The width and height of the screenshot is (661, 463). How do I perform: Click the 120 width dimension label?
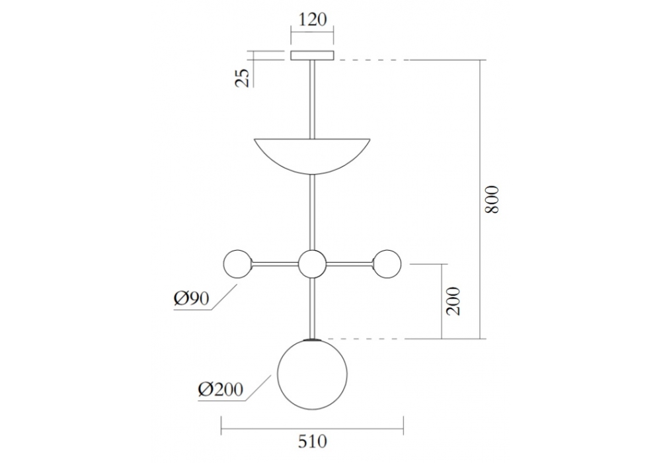point(312,19)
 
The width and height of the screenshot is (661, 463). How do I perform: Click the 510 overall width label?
point(311,441)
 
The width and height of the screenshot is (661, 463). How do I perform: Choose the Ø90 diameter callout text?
point(192,299)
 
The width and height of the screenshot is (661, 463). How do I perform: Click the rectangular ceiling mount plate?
point(312,56)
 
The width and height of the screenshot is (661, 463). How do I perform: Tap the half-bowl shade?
point(312,152)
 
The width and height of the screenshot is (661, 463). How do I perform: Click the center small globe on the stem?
point(312,264)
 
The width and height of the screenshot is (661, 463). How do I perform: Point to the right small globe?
point(387,264)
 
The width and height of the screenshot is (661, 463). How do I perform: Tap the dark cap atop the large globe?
point(312,340)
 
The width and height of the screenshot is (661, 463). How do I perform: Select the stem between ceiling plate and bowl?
point(312,99)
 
